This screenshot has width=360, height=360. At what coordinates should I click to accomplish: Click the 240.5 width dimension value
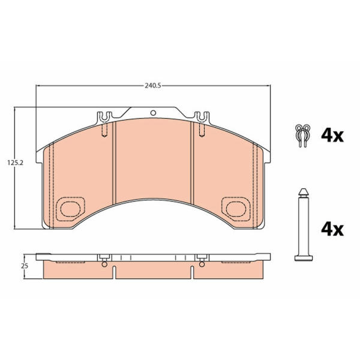click(153, 86)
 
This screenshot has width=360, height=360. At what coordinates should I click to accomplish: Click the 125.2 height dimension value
click(16, 163)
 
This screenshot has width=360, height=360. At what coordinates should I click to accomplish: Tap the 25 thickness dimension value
click(25, 266)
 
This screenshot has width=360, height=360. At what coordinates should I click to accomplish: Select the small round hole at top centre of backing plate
click(153, 113)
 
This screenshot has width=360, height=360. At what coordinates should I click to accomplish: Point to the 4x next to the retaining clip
click(332, 136)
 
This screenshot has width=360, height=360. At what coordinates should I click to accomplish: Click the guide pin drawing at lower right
click(303, 224)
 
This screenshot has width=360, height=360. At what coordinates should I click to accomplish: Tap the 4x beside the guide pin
click(332, 230)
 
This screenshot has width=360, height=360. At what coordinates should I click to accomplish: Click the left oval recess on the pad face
click(70, 209)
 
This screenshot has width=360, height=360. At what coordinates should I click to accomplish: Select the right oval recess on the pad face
click(236, 209)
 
